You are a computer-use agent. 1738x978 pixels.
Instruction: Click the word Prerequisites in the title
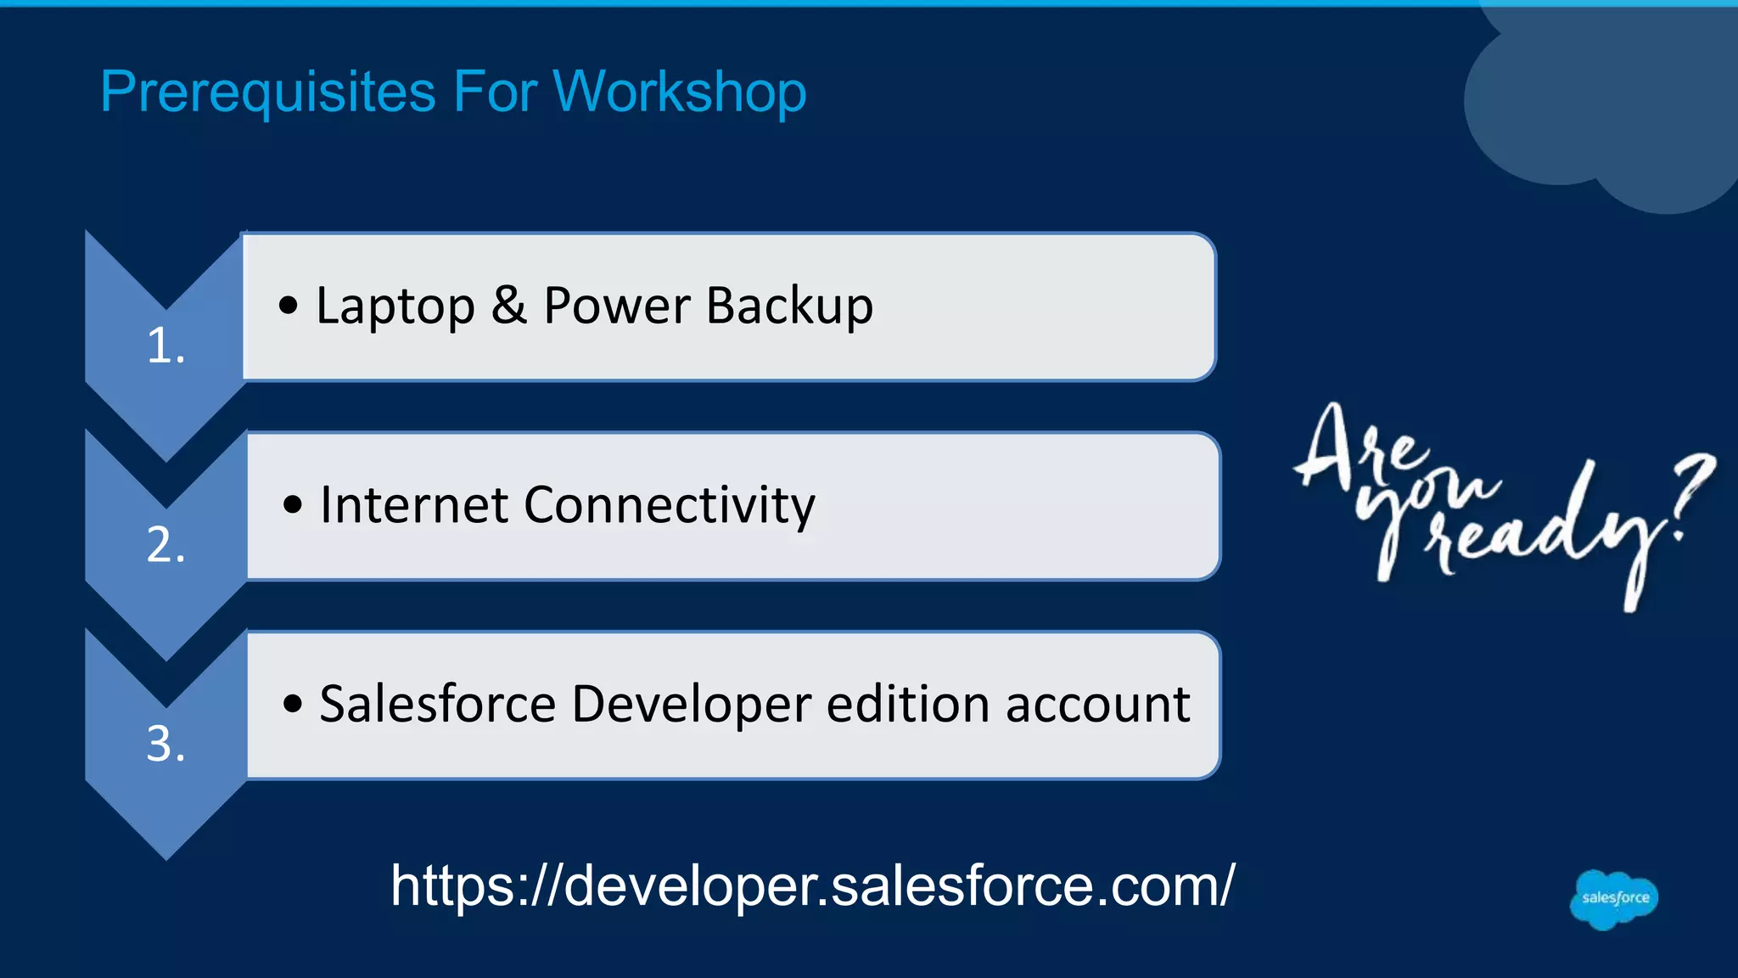(267, 92)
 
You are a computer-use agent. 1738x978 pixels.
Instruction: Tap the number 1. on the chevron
(165, 346)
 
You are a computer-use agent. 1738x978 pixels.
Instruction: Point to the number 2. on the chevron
(165, 545)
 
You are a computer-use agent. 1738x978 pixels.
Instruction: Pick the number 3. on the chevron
(165, 744)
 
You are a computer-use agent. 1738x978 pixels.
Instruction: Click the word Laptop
(395, 306)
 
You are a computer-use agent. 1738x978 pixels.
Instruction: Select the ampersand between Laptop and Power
(508, 305)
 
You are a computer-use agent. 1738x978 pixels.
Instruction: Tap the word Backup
(789, 306)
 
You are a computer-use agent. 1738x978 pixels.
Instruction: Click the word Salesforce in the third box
(437, 704)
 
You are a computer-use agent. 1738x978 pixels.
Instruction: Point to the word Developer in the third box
(691, 705)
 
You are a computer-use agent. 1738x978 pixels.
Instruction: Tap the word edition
(907, 704)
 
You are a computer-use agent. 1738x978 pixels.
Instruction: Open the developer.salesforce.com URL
(812, 885)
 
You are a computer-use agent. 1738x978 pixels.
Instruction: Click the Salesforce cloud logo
(1614, 899)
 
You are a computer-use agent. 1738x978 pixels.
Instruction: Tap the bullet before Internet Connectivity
(293, 505)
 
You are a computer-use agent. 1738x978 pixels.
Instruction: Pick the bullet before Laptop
(289, 306)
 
